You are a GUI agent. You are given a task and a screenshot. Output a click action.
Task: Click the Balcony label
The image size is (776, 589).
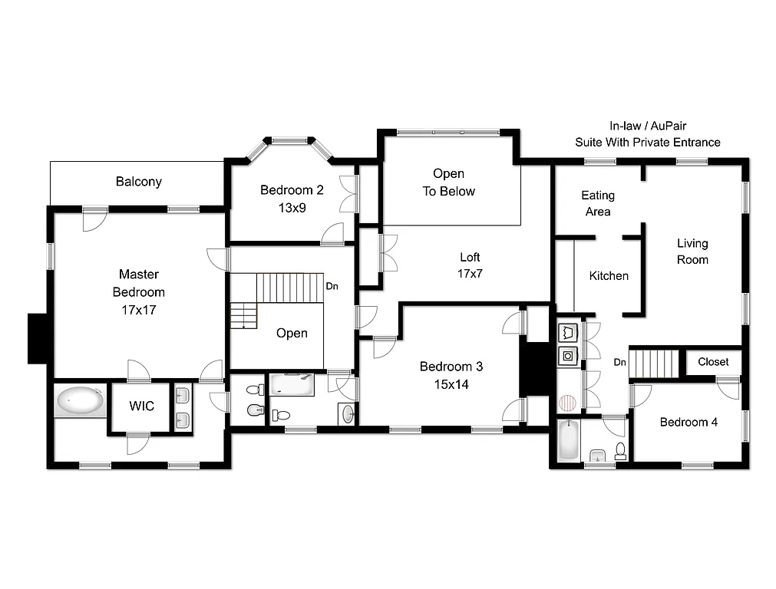point(139,182)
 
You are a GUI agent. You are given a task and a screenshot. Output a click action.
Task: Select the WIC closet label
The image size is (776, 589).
point(142,406)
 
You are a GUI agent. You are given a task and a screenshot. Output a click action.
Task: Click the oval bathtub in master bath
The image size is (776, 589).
point(81,400)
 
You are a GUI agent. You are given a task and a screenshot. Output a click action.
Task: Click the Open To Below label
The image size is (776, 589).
point(449,183)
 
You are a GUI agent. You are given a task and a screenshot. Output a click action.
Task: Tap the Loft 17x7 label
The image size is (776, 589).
point(471,265)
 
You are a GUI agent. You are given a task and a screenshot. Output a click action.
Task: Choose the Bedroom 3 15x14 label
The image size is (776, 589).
point(451,376)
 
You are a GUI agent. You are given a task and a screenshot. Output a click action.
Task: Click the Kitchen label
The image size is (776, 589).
point(609,276)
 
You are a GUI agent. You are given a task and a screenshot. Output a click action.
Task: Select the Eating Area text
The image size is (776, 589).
point(598,203)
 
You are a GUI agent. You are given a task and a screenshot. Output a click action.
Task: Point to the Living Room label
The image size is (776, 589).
point(692,252)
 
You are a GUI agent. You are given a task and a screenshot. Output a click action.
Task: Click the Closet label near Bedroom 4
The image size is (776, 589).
point(713,362)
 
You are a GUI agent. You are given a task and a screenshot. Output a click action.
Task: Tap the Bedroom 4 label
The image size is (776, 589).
point(688,422)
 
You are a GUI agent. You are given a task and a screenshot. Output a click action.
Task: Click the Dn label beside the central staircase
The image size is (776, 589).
point(332,286)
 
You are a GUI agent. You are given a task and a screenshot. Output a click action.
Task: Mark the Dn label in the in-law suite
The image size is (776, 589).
point(620,362)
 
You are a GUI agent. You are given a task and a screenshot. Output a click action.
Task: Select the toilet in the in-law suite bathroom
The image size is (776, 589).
point(620,451)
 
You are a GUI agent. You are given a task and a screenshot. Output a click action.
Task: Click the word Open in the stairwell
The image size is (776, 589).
point(292,333)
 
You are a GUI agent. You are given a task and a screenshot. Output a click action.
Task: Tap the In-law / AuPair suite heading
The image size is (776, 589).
point(648,134)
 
